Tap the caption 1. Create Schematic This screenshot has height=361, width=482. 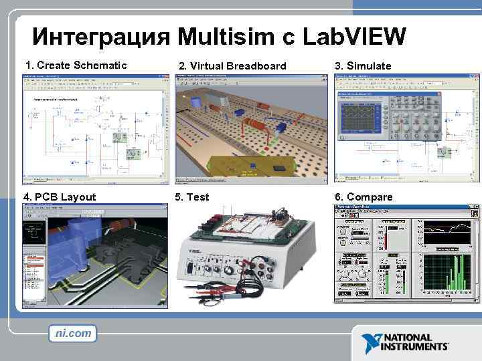[x=76, y=65]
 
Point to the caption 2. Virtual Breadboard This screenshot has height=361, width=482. [x=231, y=66]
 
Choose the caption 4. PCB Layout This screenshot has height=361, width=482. [x=60, y=197]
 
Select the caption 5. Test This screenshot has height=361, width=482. [x=191, y=197]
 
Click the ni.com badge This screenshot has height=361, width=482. [x=73, y=333]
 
